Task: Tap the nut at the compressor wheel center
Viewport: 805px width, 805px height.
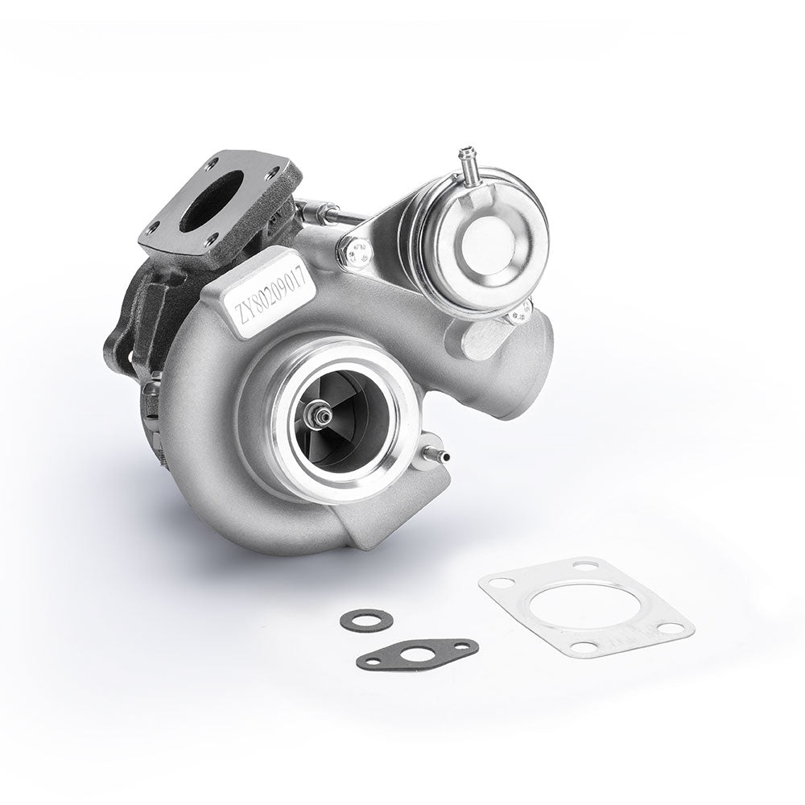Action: [x=322, y=415]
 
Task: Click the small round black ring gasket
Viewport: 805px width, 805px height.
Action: [x=366, y=620]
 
